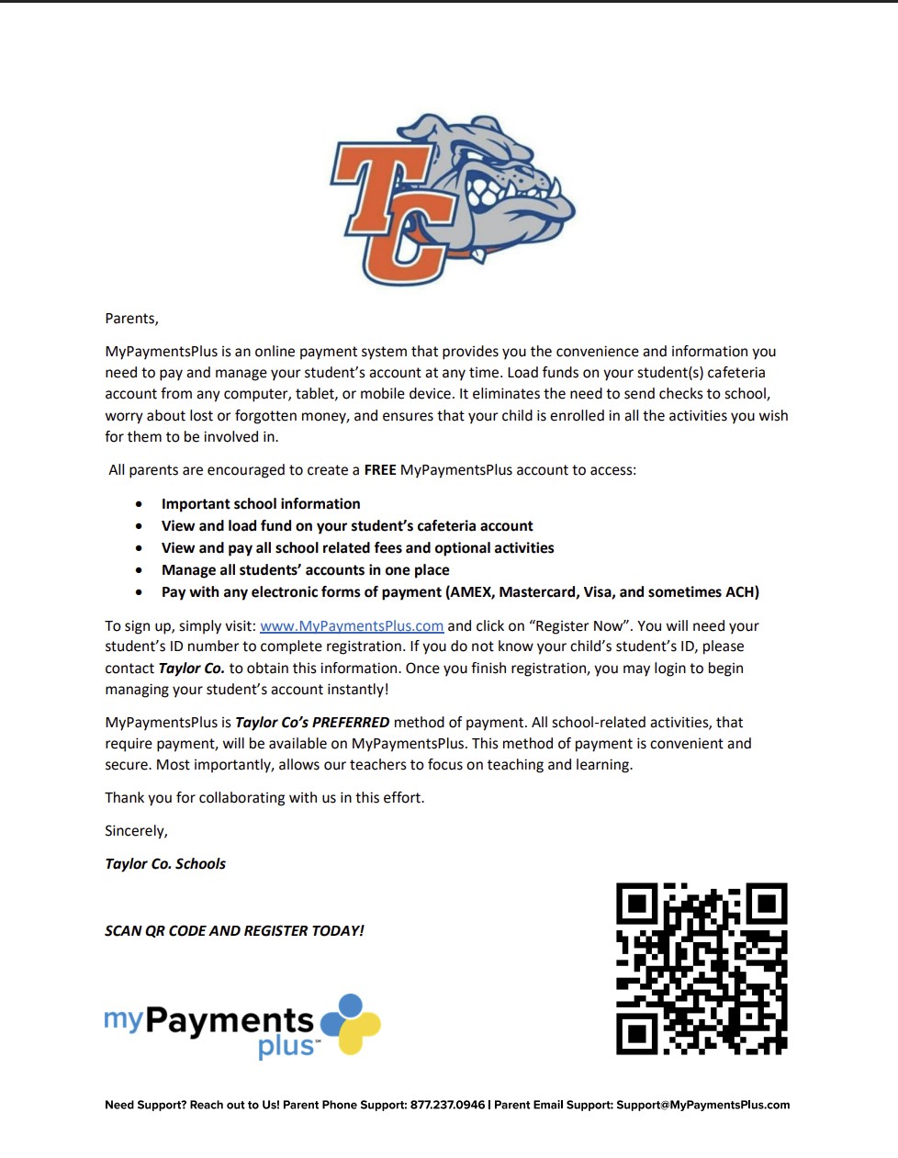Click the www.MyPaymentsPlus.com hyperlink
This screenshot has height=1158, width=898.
(352, 625)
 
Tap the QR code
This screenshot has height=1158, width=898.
(702, 969)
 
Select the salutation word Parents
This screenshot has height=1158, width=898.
(131, 319)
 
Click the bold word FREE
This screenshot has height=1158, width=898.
(380, 470)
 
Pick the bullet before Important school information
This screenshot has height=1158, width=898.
(139, 504)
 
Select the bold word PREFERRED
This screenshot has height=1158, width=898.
(351, 723)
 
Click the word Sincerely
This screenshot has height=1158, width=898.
(136, 831)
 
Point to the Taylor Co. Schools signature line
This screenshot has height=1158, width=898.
(165, 864)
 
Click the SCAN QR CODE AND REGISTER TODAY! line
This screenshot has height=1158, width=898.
(234, 931)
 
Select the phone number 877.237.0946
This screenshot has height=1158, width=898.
(447, 1105)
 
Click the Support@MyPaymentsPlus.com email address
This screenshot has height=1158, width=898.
(702, 1105)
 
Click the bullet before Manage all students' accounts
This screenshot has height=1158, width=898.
(139, 570)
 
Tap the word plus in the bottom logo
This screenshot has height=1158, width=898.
(286, 1046)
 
